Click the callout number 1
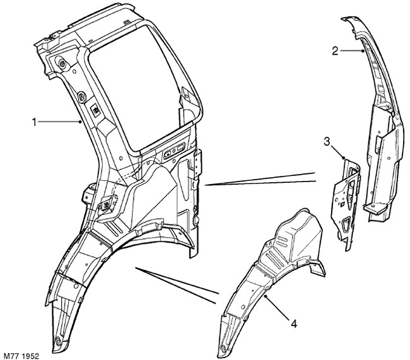pyautogui.click(x=34, y=122)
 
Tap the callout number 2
pyautogui.click(x=335, y=51)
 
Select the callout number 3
pyautogui.click(x=327, y=142)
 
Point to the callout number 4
pyautogui.click(x=294, y=325)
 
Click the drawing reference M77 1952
pyautogui.click(x=21, y=356)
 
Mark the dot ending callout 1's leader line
pyautogui.click(x=80, y=122)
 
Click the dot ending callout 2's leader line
pyautogui.click(x=363, y=51)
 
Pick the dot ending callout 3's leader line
pyautogui.click(x=344, y=158)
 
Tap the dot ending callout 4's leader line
pyautogui.click(x=266, y=296)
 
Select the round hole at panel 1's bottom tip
pyautogui.click(x=58, y=340)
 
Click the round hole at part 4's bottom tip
pyautogui.click(x=223, y=349)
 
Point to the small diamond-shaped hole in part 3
pyautogui.click(x=342, y=204)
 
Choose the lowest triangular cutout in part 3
pyautogui.click(x=346, y=224)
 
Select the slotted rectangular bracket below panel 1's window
pyautogui.click(x=174, y=151)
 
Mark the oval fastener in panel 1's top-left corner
pyautogui.click(x=62, y=63)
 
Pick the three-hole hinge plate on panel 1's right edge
pyautogui.click(x=197, y=163)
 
